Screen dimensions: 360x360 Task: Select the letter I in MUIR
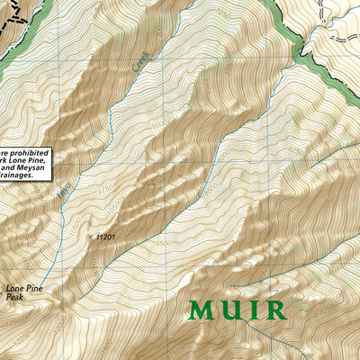[253, 310]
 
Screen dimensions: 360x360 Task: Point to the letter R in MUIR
[274, 310]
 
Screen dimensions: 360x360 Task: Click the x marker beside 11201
[90, 237]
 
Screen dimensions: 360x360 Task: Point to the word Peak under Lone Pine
[14, 297]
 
